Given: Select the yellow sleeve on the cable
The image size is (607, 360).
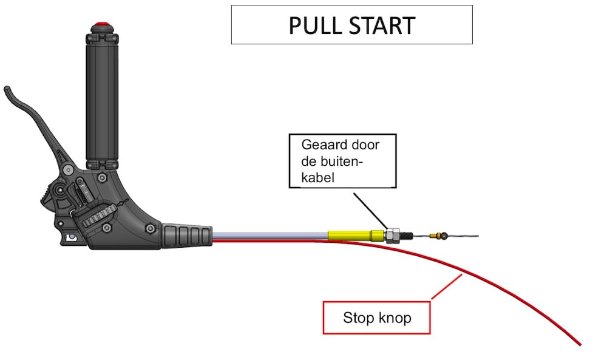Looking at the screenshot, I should pyautogui.click(x=351, y=235).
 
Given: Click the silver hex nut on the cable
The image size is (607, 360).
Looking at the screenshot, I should pyautogui.click(x=392, y=235).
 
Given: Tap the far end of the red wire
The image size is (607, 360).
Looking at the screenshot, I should pyautogui.click(x=580, y=344).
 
